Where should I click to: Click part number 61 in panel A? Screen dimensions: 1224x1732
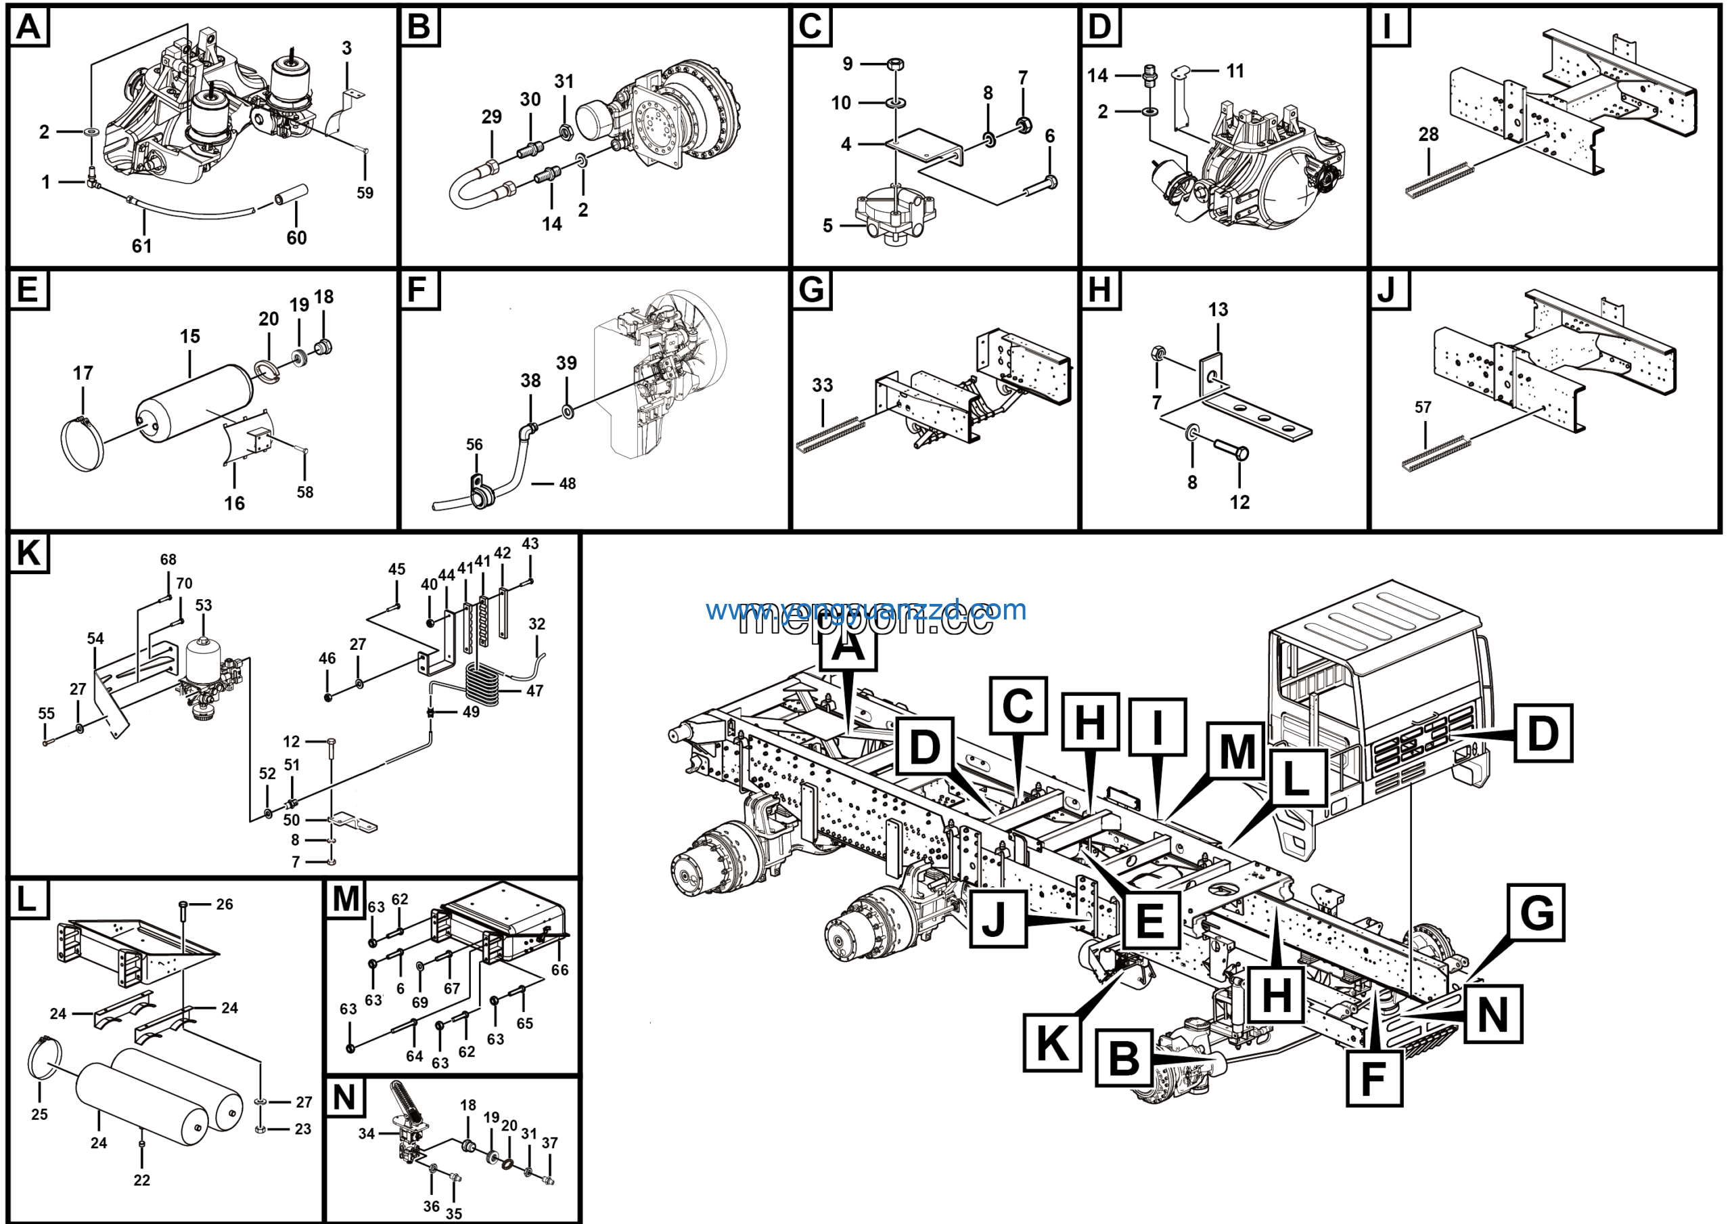tap(142, 246)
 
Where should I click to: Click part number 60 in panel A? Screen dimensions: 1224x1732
tap(296, 238)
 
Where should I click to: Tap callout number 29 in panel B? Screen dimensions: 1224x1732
tap(491, 117)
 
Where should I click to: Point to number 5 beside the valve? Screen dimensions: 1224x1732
tap(827, 225)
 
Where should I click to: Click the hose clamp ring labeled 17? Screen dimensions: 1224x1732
tap(81, 445)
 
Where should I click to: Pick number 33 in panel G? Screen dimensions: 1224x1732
tap(822, 385)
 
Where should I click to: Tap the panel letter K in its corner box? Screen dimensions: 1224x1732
tap(28, 552)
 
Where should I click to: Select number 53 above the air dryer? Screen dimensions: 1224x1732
tap(204, 605)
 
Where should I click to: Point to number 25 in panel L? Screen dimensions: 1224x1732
tap(39, 1114)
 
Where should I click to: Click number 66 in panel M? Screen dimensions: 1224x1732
tap(560, 969)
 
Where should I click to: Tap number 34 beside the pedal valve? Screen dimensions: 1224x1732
tap(367, 1133)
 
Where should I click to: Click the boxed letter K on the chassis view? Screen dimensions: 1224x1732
tap(1052, 1044)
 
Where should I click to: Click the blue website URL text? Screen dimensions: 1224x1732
tap(866, 610)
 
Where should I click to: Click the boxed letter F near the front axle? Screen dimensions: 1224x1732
tap(1373, 1078)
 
